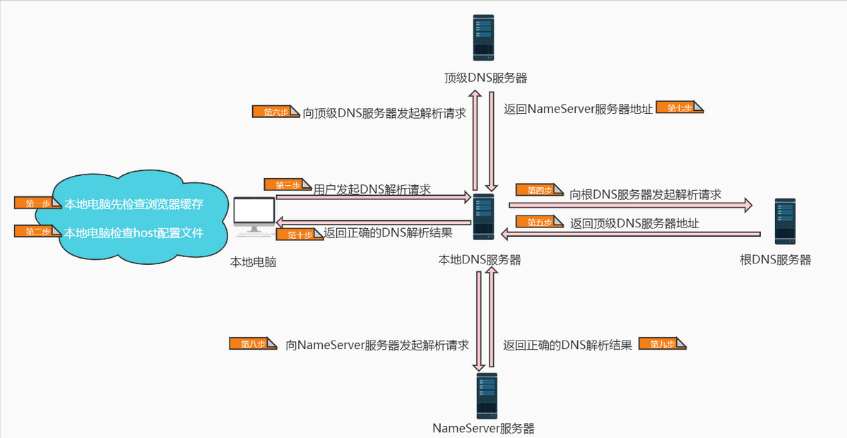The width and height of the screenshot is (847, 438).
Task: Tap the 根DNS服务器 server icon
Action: [785, 221]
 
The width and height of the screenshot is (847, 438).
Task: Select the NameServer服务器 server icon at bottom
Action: [486, 396]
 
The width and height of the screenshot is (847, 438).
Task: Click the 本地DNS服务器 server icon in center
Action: [483, 217]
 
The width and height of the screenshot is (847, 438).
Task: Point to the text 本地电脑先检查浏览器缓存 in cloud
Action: [134, 204]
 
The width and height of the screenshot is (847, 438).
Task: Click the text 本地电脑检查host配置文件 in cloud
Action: [134, 232]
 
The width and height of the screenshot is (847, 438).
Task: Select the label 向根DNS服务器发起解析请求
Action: [646, 194]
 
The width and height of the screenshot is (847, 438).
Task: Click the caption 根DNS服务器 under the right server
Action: [775, 259]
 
